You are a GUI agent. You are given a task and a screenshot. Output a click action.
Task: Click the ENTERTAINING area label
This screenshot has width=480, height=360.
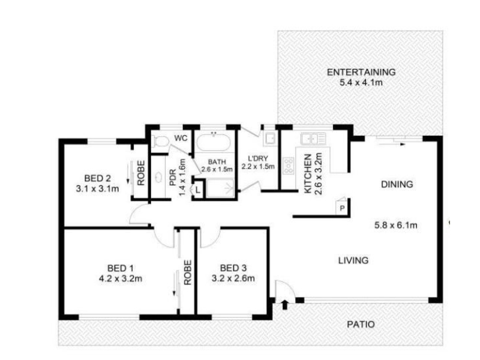click(x=361, y=73)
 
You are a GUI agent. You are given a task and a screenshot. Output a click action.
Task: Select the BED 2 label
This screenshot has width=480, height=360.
click(x=98, y=178)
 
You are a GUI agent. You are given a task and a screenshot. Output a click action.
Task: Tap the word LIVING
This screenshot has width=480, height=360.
click(x=352, y=260)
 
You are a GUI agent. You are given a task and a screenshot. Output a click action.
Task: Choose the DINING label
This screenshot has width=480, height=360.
click(x=397, y=185)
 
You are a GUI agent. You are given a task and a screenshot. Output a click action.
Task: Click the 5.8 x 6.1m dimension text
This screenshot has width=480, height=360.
click(x=395, y=226)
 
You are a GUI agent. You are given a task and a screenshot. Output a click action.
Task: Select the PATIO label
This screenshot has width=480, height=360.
click(x=361, y=325)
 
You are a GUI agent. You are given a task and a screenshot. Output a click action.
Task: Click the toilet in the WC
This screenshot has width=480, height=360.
click(x=160, y=142)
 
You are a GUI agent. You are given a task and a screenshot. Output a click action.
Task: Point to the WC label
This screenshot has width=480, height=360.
click(x=180, y=138)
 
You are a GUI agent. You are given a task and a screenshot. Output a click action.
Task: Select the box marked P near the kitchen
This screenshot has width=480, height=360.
click(x=341, y=207)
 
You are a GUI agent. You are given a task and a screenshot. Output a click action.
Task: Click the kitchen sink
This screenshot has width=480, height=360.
click(x=313, y=139)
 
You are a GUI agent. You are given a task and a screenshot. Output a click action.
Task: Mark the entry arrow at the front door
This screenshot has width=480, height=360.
click(x=284, y=305)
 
